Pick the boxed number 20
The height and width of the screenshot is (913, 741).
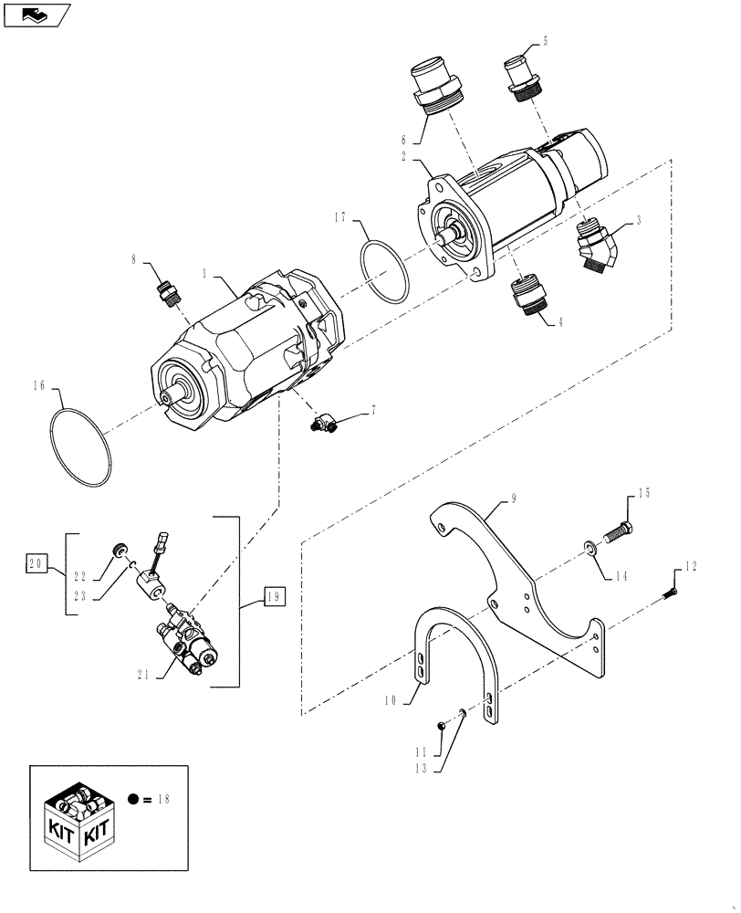coord(37,563)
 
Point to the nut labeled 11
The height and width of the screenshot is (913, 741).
coord(440,725)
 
